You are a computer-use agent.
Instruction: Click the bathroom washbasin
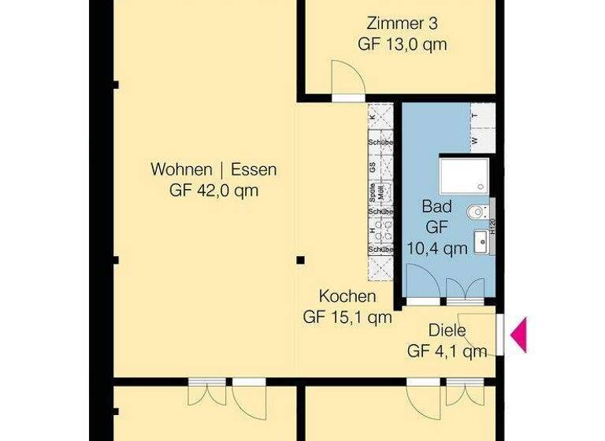pos(481,240)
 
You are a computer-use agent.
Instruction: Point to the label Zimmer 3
pos(402,22)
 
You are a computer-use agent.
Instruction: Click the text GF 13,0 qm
pos(402,45)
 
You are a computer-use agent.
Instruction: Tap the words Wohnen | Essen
pos(213,169)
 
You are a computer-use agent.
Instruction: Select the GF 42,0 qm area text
pos(213,191)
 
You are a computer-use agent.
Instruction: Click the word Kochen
pos(347,297)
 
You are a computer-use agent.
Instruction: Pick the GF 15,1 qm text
pos(347,318)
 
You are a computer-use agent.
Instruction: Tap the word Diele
pos(447,331)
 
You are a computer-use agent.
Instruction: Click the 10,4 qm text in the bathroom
pos(436,248)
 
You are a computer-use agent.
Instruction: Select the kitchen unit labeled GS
pos(372,167)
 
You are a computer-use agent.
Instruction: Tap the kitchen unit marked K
pos(372,116)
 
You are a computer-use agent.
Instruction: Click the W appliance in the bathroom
pos(475,141)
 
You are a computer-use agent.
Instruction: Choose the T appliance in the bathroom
pos(475,115)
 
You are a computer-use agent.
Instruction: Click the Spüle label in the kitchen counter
pos(372,189)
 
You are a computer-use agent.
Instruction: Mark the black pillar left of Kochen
pos(300,259)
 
